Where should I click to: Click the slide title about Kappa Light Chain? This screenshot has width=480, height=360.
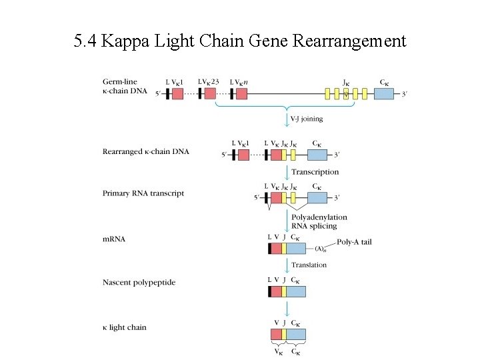239,41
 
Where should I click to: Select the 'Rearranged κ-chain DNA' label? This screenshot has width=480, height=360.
145,151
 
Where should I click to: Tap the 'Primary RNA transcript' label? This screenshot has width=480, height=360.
143,193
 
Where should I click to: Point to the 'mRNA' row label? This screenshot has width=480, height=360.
114,238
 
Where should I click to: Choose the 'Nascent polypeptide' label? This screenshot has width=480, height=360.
139,282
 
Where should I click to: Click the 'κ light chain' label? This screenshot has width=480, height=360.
124,327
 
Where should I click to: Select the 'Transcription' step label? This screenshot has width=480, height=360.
315,172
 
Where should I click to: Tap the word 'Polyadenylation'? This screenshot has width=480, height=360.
319,217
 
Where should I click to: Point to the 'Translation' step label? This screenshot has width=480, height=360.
309,265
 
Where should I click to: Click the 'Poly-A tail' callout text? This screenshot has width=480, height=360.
355,242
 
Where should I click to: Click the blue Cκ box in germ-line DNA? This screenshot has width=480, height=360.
384,94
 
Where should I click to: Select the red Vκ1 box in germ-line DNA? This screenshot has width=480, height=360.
177,94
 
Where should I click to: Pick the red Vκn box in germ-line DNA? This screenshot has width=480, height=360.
241,94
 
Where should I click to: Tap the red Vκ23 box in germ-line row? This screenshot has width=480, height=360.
210,94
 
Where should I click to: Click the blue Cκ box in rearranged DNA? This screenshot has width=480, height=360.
317,155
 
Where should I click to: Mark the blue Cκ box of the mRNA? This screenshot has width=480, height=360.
296,248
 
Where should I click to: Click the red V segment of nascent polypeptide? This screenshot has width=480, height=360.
276,291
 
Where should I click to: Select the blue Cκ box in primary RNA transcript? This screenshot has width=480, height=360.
317,197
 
